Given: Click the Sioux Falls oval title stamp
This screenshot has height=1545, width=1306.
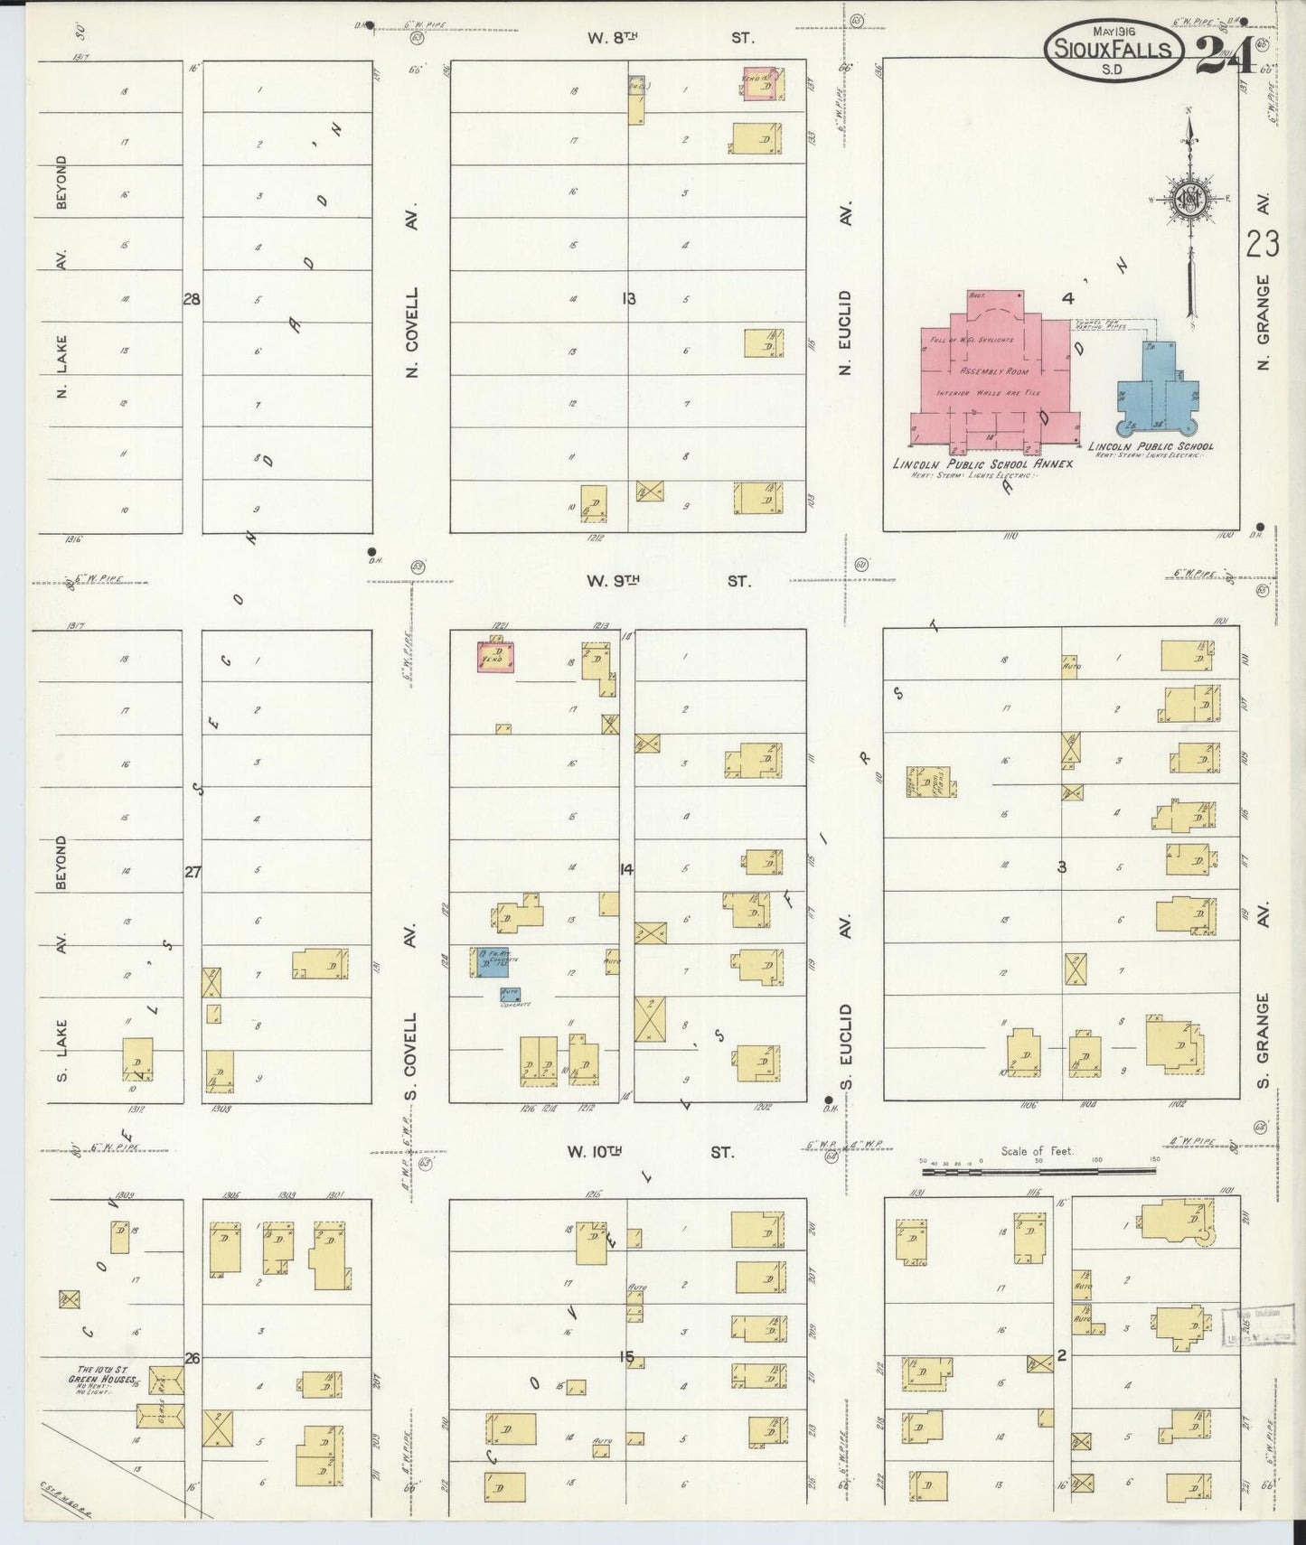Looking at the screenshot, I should click(1113, 49).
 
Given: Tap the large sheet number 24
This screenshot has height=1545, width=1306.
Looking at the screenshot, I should click(1225, 54).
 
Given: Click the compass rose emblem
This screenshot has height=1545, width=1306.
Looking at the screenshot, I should click(1189, 201).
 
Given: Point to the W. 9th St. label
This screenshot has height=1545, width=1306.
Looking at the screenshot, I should click(667, 581).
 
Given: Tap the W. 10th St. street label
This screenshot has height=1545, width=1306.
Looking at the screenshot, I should click(650, 1152).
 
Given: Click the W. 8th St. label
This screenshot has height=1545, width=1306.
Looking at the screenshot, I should click(669, 38).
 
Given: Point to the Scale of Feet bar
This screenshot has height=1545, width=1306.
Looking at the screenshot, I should click(1038, 1171).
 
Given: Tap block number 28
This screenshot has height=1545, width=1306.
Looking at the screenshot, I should click(192, 299).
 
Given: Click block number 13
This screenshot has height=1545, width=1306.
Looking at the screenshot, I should click(629, 298).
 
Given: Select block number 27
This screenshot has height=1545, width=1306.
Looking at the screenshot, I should click(193, 872).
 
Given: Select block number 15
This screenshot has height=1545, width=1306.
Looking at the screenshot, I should click(627, 1357).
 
